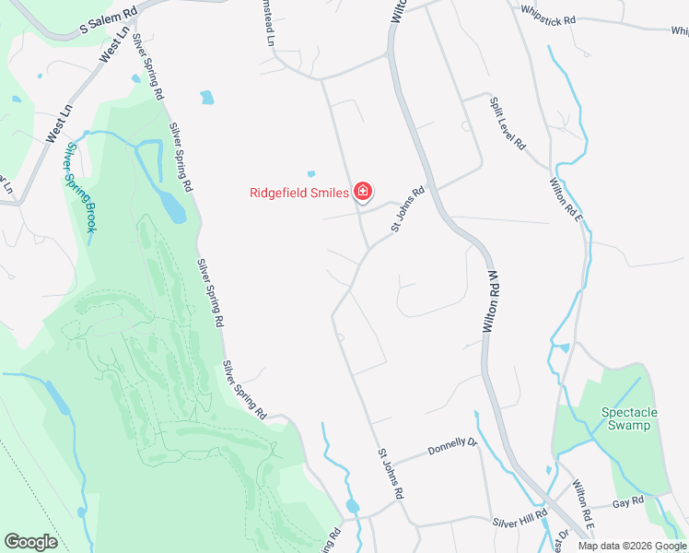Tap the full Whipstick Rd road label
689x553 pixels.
click(547, 18)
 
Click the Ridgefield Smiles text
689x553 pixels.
click(299, 193)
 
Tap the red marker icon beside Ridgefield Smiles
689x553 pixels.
click(363, 192)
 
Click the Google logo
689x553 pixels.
click(30, 541)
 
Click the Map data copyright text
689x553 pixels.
click(632, 546)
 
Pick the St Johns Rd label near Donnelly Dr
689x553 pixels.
click(391, 475)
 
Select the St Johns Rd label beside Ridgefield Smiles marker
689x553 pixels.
click(408, 209)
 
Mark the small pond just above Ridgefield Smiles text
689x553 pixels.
click(311, 173)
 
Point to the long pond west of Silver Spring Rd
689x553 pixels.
click(170, 206)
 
